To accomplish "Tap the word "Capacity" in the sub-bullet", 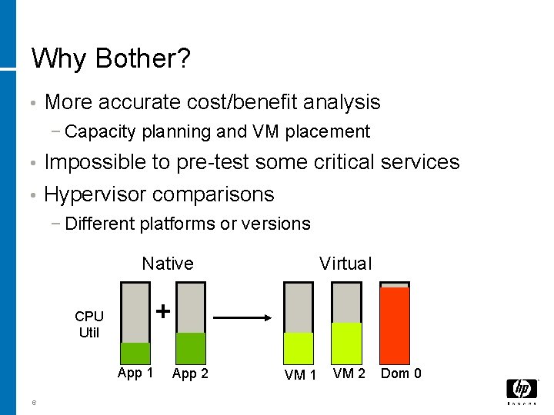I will click(x=98, y=131).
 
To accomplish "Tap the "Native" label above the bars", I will click(x=168, y=264).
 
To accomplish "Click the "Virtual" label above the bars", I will click(x=345, y=264).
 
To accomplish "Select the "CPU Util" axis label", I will click(x=89, y=324).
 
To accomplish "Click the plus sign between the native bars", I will click(x=163, y=311).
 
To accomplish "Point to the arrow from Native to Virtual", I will click(x=241, y=317).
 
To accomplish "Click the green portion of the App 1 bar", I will click(x=135, y=352).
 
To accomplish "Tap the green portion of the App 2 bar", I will click(x=191, y=347).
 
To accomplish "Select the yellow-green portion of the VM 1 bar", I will click(x=299, y=347).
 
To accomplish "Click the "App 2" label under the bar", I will click(x=191, y=374).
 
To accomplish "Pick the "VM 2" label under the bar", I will click(x=349, y=373).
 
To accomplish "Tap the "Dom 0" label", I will click(x=401, y=373).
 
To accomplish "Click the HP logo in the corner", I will click(x=522, y=390).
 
